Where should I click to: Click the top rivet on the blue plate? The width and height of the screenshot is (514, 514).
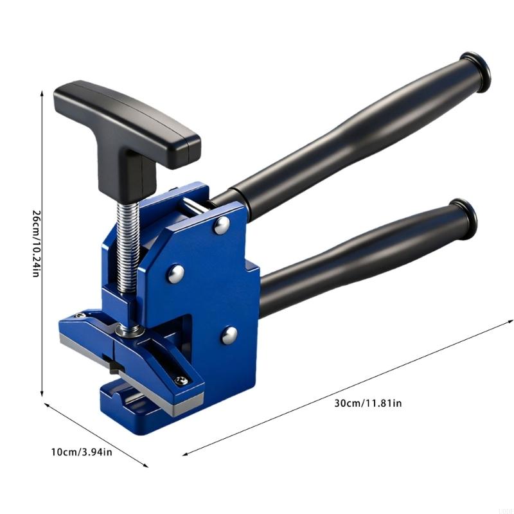[x=222, y=226]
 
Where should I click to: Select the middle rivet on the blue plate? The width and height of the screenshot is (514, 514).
[x=176, y=274]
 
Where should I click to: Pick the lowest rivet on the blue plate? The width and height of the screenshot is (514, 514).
[x=229, y=335]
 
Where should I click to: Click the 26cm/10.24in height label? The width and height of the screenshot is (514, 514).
[x=37, y=243]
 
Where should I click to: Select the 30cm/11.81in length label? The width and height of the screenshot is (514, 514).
[x=368, y=403]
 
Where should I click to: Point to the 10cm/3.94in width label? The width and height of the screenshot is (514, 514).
[x=82, y=452]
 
